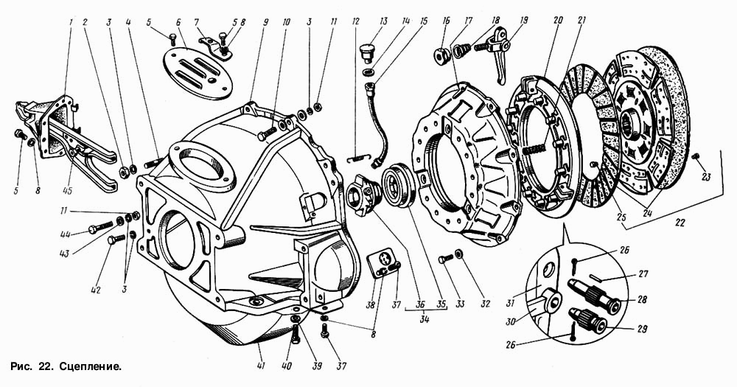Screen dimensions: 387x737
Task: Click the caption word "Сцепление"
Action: [x=90, y=366]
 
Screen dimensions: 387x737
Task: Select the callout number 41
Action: [x=261, y=367]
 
